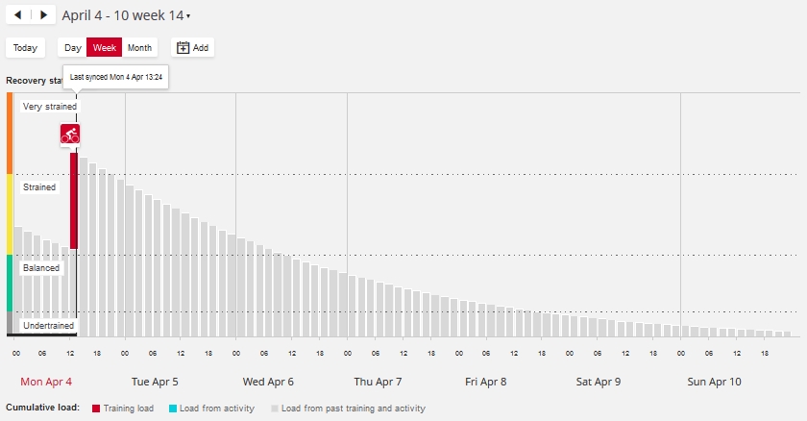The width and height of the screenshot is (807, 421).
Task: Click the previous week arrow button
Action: point(18,15)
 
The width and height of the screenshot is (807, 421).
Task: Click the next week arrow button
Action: point(42,15)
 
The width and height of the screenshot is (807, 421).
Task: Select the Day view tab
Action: point(72,47)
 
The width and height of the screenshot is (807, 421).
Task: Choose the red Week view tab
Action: point(105,47)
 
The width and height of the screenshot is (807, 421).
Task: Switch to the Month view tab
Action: point(139,47)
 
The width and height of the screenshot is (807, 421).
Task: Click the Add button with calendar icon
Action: point(192,47)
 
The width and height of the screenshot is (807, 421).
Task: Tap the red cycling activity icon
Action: point(70,135)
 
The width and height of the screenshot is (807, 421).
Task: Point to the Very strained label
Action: point(49,107)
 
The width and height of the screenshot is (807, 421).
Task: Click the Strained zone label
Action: point(39,187)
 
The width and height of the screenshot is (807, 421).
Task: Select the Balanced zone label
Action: point(41,268)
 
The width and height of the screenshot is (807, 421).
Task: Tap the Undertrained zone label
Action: point(48,326)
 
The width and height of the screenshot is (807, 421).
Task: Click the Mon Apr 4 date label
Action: point(45,382)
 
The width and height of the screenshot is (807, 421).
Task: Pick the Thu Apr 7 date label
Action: point(378,382)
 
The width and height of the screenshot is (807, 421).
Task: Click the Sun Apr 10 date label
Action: point(714,382)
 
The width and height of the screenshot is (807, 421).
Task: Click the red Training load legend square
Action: point(96,409)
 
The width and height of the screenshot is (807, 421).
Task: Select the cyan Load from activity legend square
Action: point(172,409)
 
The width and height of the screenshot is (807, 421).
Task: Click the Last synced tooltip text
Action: point(115,77)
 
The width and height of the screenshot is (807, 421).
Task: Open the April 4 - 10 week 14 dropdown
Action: point(126,15)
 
